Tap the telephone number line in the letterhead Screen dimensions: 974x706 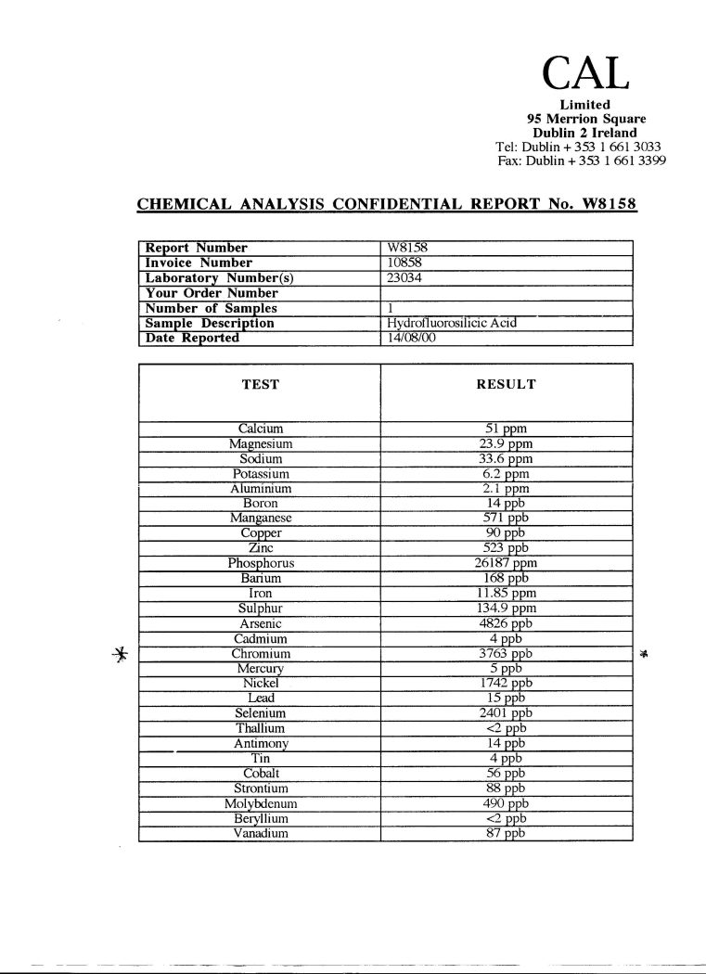[579, 147]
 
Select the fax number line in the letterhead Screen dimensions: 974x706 [581, 160]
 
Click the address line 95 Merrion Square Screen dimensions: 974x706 [585, 119]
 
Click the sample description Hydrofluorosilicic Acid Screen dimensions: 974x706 [451, 323]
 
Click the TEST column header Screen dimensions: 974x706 [261, 384]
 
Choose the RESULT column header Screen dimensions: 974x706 [506, 384]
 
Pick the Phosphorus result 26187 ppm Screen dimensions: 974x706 [507, 563]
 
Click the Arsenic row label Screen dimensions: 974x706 [261, 623]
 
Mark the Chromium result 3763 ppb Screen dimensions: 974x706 [507, 653]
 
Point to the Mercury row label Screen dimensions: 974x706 [261, 668]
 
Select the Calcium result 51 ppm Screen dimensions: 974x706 [507, 429]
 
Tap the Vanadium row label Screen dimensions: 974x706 [261, 833]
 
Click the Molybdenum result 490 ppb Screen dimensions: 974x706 [507, 803]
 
